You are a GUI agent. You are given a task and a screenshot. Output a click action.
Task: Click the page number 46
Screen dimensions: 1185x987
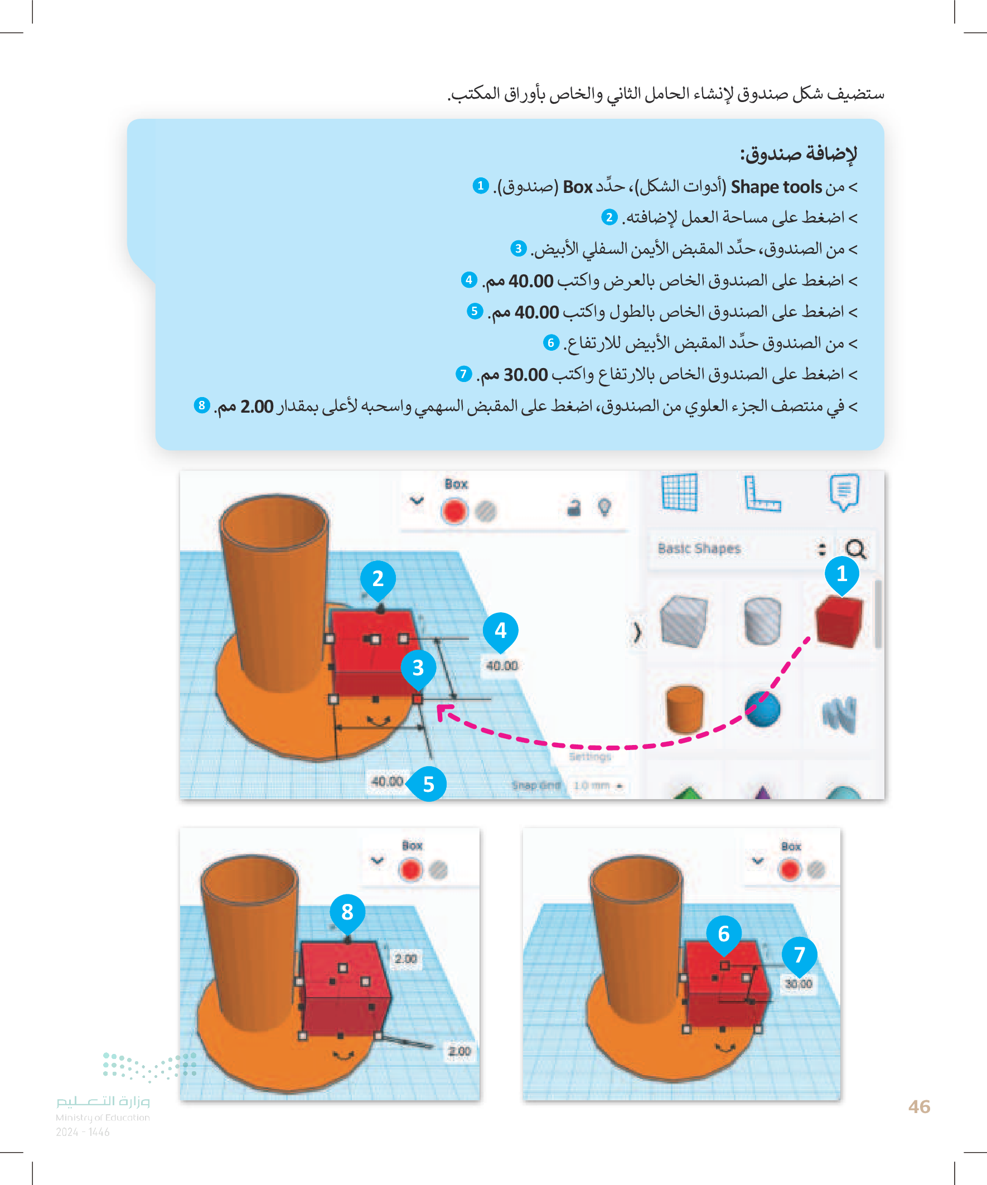(919, 1106)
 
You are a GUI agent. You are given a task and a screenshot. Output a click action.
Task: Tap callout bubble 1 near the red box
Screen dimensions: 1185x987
(841, 573)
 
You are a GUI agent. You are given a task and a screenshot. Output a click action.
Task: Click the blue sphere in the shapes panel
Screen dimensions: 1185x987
(763, 709)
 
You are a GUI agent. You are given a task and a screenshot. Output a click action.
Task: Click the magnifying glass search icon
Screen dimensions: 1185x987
(855, 549)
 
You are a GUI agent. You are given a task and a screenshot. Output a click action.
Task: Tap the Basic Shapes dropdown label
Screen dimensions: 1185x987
(699, 549)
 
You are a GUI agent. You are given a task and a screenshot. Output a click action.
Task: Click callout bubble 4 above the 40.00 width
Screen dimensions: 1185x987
(501, 630)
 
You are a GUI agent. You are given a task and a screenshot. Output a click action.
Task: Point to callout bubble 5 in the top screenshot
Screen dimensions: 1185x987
(428, 784)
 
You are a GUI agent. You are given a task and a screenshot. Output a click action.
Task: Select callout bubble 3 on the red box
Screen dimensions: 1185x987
(418, 668)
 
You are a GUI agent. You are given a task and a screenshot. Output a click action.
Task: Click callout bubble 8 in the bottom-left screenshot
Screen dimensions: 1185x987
(347, 911)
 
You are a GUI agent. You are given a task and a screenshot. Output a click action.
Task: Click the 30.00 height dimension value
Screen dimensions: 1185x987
(799, 984)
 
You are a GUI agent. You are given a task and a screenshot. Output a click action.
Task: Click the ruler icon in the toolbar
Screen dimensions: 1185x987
(762, 493)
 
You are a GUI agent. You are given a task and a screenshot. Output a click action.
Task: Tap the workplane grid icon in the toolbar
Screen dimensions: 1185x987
(679, 492)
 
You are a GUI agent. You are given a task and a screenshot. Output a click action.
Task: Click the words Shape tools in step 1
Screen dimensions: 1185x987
(776, 187)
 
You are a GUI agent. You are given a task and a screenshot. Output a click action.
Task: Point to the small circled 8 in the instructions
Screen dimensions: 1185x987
(201, 405)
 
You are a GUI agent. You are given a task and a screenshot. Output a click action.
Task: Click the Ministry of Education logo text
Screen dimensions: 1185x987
(103, 1109)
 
